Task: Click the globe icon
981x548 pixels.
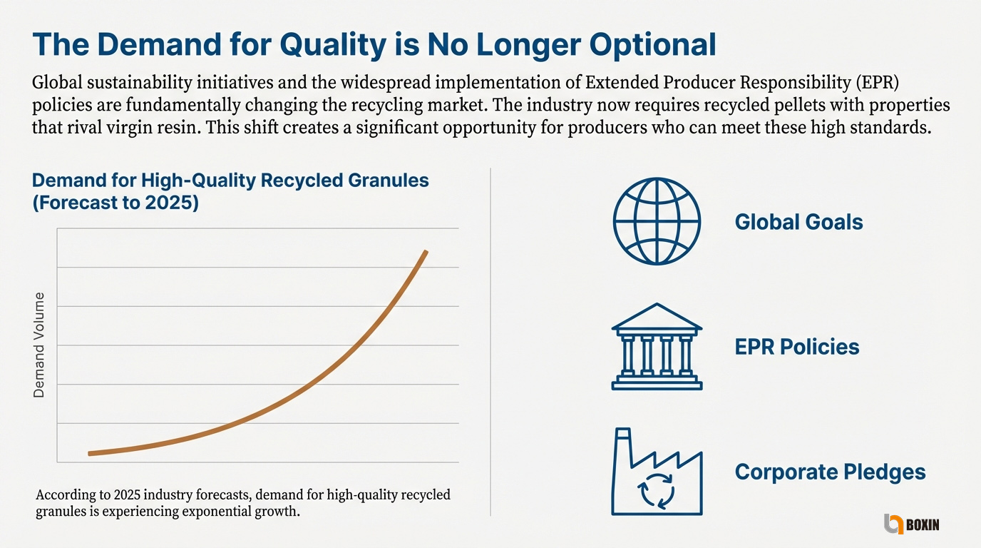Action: pyautogui.click(x=657, y=222)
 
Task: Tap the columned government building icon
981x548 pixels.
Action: pyautogui.click(x=657, y=347)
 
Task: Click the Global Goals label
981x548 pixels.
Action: pyautogui.click(x=798, y=222)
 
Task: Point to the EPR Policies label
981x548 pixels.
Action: pyautogui.click(x=796, y=347)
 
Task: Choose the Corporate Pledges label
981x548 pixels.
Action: pyautogui.click(x=830, y=472)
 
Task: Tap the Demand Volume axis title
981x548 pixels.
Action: pyautogui.click(x=39, y=345)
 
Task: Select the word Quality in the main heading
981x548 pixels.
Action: pyautogui.click(x=329, y=46)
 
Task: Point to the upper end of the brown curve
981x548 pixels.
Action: pyautogui.click(x=426, y=251)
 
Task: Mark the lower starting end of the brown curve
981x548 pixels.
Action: pyautogui.click(x=89, y=453)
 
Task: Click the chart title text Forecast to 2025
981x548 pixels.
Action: pyautogui.click(x=115, y=203)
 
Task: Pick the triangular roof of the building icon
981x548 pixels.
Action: pyautogui.click(x=657, y=316)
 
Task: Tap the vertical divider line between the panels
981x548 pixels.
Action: pyautogui.click(x=491, y=342)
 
